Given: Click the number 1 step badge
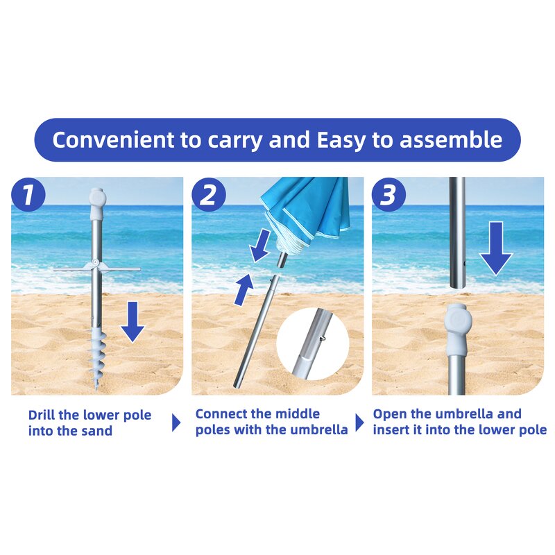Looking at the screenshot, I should point(28,195).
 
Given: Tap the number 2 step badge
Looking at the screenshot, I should point(208,195).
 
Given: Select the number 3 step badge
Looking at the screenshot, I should point(388,195).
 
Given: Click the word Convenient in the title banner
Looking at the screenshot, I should point(110,140).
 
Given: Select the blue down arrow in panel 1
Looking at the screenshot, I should point(133,323).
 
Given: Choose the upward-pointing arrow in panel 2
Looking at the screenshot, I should point(243,289).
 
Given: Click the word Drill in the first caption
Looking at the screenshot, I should point(43,416).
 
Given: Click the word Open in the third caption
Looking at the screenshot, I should point(389,414).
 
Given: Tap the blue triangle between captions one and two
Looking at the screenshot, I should point(176,422).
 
